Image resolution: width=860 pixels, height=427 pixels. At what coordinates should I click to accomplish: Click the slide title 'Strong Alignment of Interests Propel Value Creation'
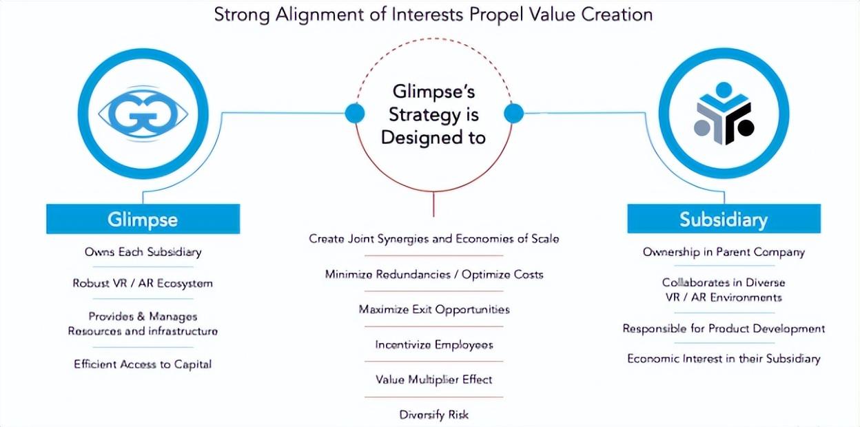click(x=433, y=15)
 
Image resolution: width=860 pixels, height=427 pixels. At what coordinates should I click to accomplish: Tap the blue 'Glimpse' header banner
click(x=143, y=219)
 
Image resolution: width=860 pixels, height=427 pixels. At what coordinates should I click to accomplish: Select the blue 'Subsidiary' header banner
click(x=724, y=219)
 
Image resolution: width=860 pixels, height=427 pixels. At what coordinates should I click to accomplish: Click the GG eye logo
click(x=143, y=114)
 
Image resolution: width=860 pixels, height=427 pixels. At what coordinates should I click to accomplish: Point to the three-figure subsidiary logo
click(x=724, y=114)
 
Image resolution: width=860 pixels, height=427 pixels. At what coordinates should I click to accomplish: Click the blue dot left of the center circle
click(x=355, y=113)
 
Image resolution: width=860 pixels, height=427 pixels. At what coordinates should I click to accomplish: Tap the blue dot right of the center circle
click(x=513, y=113)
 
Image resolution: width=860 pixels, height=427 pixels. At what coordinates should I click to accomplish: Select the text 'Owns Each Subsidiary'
click(x=143, y=252)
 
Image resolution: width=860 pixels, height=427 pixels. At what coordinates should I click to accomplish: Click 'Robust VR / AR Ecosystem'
click(x=143, y=284)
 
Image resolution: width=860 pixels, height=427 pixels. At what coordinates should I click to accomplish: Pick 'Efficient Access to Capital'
click(x=143, y=364)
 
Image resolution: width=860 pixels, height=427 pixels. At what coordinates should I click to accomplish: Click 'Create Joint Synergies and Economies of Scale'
click(x=434, y=239)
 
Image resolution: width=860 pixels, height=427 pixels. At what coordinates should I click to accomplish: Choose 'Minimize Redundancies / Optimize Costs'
click(x=434, y=275)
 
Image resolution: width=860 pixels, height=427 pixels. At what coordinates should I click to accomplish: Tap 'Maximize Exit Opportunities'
click(x=434, y=310)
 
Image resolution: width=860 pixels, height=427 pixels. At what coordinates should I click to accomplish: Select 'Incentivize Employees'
click(x=434, y=345)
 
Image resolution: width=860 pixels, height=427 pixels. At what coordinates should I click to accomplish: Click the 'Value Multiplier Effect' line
click(x=434, y=379)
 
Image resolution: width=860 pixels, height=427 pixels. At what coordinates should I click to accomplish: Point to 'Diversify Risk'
click(x=434, y=415)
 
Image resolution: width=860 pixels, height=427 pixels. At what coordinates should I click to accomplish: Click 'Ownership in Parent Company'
click(x=724, y=252)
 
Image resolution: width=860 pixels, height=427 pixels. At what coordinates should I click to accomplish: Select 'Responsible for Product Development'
click(x=724, y=329)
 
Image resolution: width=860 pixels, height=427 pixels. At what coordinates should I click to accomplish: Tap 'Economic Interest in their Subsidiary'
click(x=724, y=359)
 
